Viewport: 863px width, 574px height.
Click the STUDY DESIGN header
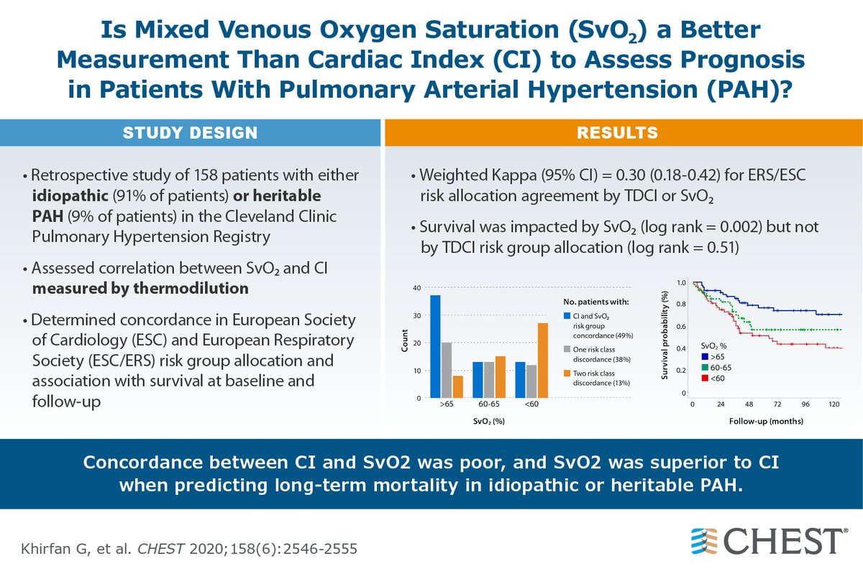click(x=190, y=133)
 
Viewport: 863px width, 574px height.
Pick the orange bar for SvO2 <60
click(x=543, y=360)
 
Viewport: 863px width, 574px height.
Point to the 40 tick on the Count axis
click(x=417, y=288)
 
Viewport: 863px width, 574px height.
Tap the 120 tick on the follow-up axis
click(x=834, y=405)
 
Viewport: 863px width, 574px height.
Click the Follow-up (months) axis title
click(x=765, y=421)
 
